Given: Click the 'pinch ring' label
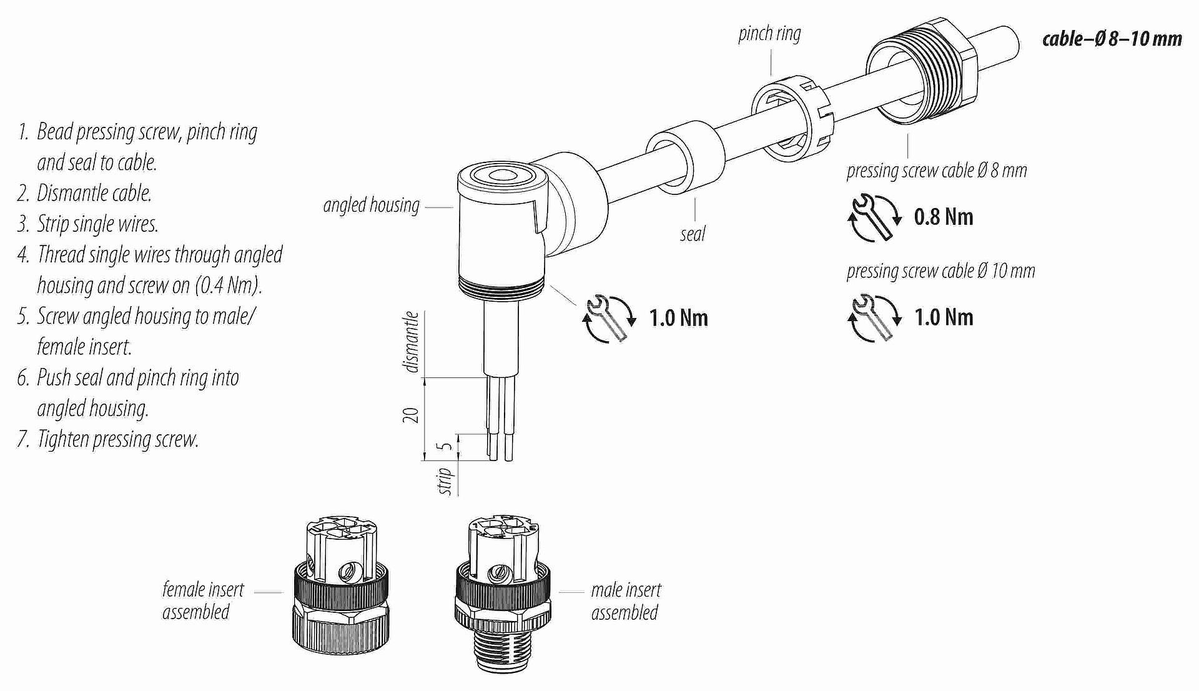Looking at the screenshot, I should point(769,34).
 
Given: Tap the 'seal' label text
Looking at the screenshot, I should point(692,234).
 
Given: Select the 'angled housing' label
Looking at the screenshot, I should point(371,205).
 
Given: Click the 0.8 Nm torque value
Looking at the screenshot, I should point(943,217).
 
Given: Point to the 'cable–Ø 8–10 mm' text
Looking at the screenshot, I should point(1112,39).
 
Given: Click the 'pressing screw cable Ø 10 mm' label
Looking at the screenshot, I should point(940,271).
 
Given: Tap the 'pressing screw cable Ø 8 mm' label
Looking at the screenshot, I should point(936,171).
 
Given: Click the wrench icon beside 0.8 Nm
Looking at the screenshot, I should point(874,217).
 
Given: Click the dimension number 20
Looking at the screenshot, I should point(410,415).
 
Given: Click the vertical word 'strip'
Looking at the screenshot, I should point(445,481).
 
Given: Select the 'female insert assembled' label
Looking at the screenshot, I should point(203,600).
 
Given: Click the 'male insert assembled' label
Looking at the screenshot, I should point(626,601).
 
